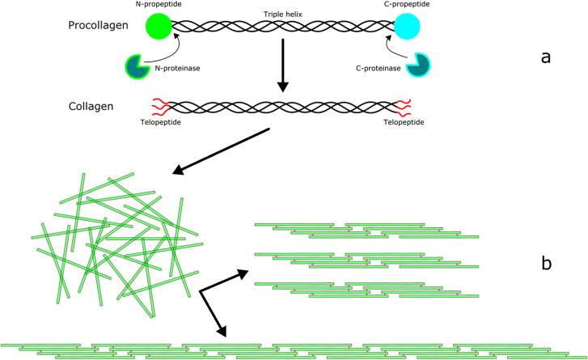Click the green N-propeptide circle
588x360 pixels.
click(159, 27)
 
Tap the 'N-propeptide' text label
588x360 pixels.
click(159, 5)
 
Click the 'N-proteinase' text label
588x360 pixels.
click(176, 70)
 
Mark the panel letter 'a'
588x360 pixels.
click(545, 57)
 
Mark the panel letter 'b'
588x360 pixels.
click(545, 264)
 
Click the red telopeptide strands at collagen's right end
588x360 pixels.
click(404, 107)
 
